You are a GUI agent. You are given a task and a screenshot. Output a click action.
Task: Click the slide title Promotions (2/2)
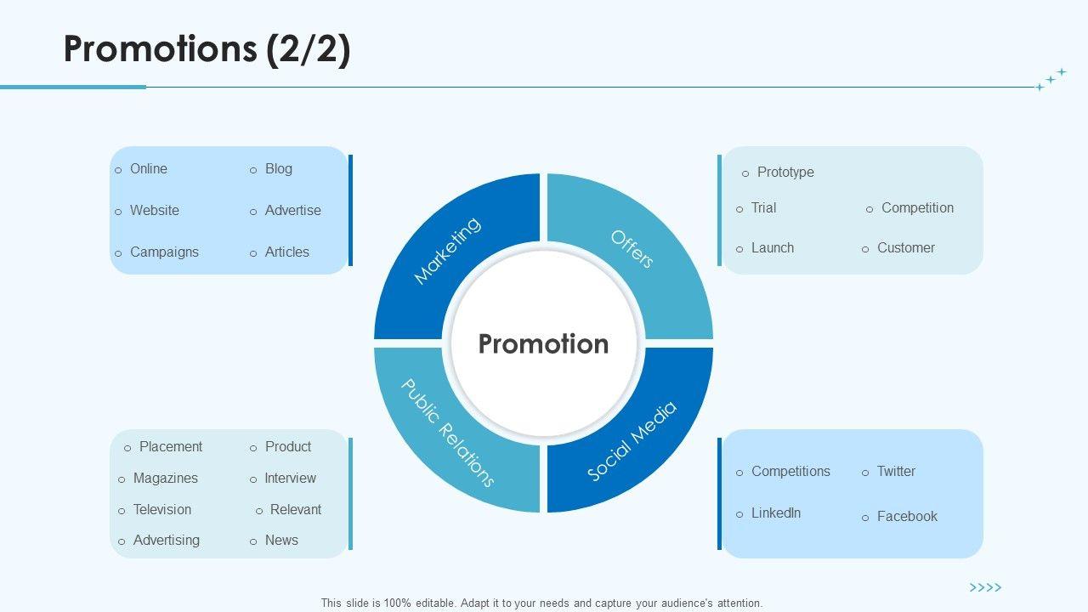click(207, 49)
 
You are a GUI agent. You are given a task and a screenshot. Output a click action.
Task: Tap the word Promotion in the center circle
click(543, 343)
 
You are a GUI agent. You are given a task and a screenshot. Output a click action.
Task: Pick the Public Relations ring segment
click(447, 433)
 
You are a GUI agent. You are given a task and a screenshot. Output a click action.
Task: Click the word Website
click(154, 210)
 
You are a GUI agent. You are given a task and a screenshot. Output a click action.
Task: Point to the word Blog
click(278, 168)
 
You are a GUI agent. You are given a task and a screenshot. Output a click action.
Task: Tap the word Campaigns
click(164, 252)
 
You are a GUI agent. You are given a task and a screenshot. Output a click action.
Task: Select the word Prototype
click(785, 172)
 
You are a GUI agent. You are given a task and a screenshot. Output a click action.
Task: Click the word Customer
click(905, 247)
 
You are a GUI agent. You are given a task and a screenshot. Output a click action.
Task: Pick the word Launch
click(772, 247)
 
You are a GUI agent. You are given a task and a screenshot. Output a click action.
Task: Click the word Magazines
click(165, 478)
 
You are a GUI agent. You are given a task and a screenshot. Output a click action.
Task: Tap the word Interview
click(290, 478)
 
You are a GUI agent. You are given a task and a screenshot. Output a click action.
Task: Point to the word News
click(281, 540)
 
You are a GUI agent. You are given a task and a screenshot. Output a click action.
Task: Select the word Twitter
click(896, 471)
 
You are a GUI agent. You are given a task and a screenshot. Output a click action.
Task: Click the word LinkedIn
click(775, 513)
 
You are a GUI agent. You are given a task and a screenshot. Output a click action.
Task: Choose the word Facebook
click(907, 516)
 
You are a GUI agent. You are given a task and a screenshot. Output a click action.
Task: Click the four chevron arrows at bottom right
click(985, 587)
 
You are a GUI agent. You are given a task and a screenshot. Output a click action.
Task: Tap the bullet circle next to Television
click(122, 511)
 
